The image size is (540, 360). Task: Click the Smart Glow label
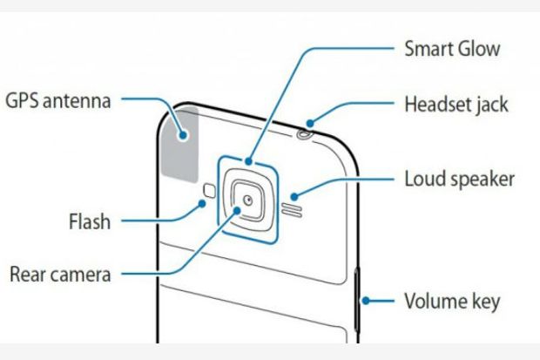coord(452,49)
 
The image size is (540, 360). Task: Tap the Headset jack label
coord(456,105)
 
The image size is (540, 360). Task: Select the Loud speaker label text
coord(459,179)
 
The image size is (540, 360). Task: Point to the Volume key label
coord(452,302)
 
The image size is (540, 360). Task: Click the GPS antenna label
coord(58,101)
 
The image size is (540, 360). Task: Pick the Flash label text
coord(90,221)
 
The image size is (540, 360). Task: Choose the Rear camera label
coord(60,275)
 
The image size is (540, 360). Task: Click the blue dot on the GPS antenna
coord(183,135)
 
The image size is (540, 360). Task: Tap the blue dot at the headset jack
coord(310,123)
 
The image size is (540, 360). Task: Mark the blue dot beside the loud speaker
coord(294,196)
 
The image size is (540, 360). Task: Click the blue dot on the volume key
coord(366,301)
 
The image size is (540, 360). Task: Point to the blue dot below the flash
coord(202,204)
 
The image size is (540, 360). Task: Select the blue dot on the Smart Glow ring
coord(248,161)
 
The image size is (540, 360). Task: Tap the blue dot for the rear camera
coord(237,210)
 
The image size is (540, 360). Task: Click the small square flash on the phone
coord(209,190)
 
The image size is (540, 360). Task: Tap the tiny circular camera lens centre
coord(248,200)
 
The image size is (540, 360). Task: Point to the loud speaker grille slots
coord(292,211)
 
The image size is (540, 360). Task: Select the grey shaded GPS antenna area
coord(179,144)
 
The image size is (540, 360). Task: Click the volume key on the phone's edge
coord(357,300)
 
